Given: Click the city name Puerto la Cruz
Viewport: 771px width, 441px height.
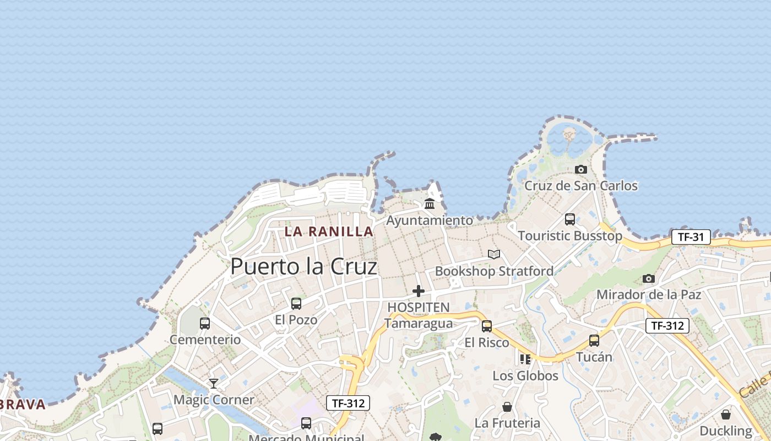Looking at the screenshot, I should [x=303, y=267].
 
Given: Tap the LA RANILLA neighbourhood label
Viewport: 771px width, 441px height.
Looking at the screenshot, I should [x=329, y=232].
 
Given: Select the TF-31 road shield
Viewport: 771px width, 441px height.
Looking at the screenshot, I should [x=691, y=238].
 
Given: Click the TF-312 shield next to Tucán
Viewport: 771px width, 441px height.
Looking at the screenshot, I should [x=667, y=326].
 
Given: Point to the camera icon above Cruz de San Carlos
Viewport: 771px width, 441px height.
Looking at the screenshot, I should [x=580, y=170].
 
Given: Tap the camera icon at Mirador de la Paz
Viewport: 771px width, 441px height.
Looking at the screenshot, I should [x=649, y=279].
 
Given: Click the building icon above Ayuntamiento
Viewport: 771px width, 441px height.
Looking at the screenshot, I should [x=430, y=204].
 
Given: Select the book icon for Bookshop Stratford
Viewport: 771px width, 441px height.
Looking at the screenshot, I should [x=494, y=255].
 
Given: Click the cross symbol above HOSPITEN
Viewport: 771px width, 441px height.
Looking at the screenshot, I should [x=419, y=291].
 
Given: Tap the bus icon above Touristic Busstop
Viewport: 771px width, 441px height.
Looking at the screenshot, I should [x=570, y=219].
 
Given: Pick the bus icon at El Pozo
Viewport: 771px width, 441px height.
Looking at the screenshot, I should [x=296, y=304].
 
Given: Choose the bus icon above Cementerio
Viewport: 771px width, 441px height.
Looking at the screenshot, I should [x=205, y=324].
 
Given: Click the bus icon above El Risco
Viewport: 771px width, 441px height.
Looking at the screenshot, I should [x=487, y=326].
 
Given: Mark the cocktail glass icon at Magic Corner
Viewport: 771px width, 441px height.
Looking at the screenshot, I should [x=214, y=384].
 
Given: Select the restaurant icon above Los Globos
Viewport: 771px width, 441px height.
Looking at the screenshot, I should [x=525, y=359].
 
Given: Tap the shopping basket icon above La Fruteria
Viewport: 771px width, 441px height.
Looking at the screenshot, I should [x=507, y=407].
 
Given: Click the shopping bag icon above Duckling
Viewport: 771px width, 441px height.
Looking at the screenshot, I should [x=726, y=415].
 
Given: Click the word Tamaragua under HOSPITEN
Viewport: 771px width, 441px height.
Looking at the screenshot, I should [x=419, y=323].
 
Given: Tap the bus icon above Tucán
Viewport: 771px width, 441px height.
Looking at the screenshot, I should [x=594, y=341].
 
